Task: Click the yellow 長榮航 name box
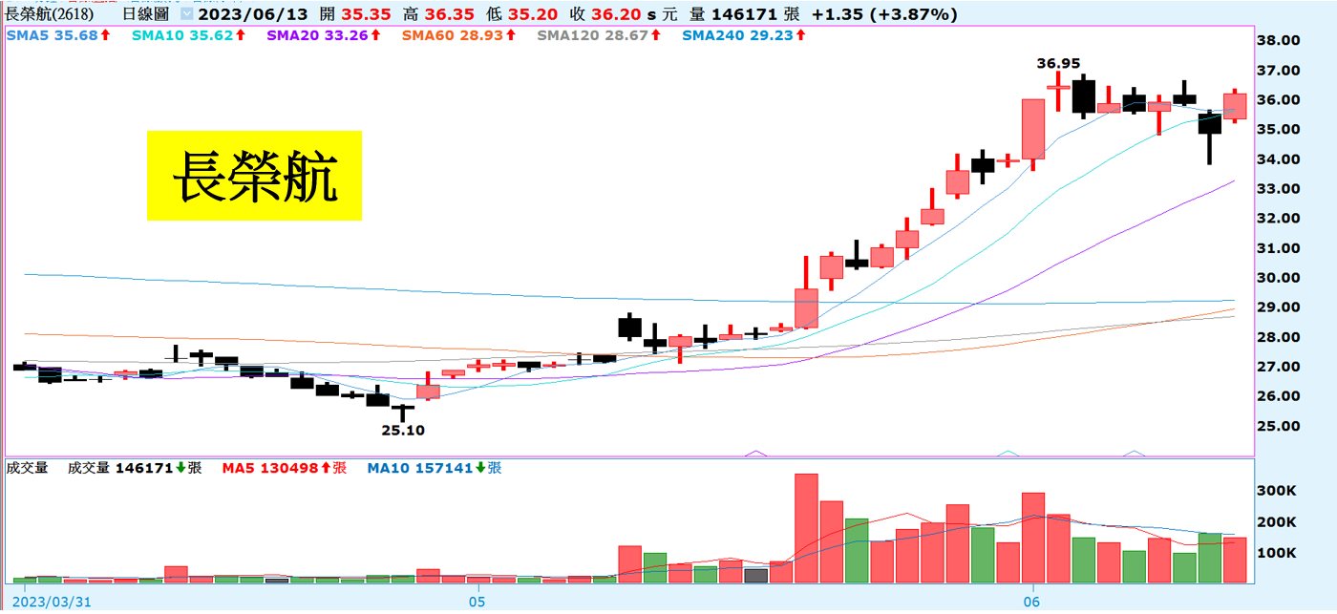tap(254, 176)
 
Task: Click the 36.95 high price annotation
tap(1058, 63)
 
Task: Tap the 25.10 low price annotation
tap(403, 431)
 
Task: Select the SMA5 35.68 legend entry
tap(57, 34)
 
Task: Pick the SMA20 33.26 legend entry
tap(322, 34)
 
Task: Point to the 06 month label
tap(1030, 602)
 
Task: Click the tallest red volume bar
tap(806, 528)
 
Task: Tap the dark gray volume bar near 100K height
tap(755, 575)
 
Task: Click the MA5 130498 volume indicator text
tap(284, 468)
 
